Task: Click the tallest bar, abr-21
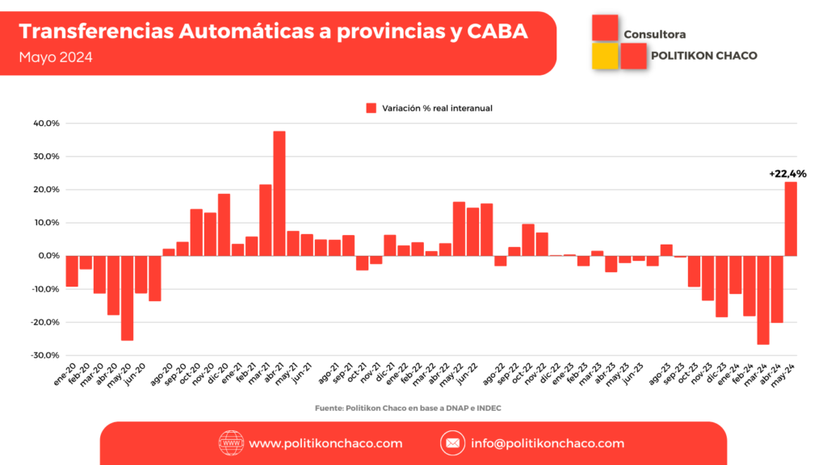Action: [x=279, y=194]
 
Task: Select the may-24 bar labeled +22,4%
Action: [x=791, y=219]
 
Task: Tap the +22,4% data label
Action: [x=787, y=174]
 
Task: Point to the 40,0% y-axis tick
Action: [x=47, y=124]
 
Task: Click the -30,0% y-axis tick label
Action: [x=45, y=355]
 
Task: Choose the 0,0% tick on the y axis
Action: [x=48, y=256]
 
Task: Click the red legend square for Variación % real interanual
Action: [x=372, y=108]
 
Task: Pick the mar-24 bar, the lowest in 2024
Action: [x=763, y=300]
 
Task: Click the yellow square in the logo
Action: [x=605, y=56]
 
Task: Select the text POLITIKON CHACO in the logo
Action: [x=703, y=56]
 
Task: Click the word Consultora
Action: [x=655, y=35]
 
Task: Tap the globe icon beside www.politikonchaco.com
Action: [x=231, y=443]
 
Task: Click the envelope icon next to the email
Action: [x=452, y=443]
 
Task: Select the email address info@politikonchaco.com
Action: [x=548, y=443]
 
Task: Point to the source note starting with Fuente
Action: [x=408, y=408]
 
